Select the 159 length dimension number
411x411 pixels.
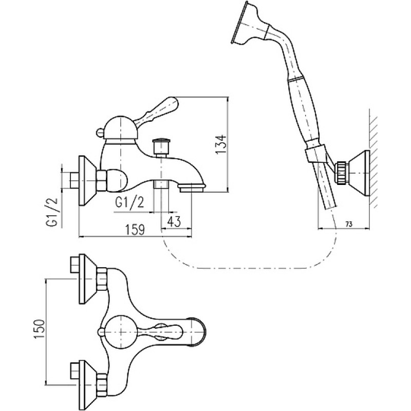coord(135,230)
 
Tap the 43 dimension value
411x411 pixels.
coord(174,221)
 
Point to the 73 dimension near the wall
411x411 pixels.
coord(349,224)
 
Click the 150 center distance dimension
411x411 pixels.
coord(40,329)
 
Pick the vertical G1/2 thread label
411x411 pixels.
coord(54,213)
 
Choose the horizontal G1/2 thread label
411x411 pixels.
coord(130,203)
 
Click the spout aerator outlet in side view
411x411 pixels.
coord(192,188)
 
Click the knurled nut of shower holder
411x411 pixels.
coord(342,174)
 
